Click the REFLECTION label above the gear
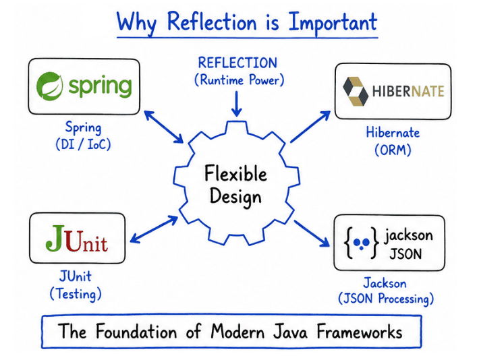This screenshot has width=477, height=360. tap(237, 63)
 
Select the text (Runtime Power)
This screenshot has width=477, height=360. tap(237, 80)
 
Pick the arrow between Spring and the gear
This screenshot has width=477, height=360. tap(163, 127)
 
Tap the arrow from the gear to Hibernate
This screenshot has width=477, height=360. tap(310, 128)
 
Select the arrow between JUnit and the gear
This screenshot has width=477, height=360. tap(154, 229)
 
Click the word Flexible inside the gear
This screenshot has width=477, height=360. tap(235, 174)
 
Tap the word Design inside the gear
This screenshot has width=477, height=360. tap(235, 197)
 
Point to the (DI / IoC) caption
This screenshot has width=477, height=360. tap(83, 144)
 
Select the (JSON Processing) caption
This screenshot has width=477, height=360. tap(386, 298)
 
